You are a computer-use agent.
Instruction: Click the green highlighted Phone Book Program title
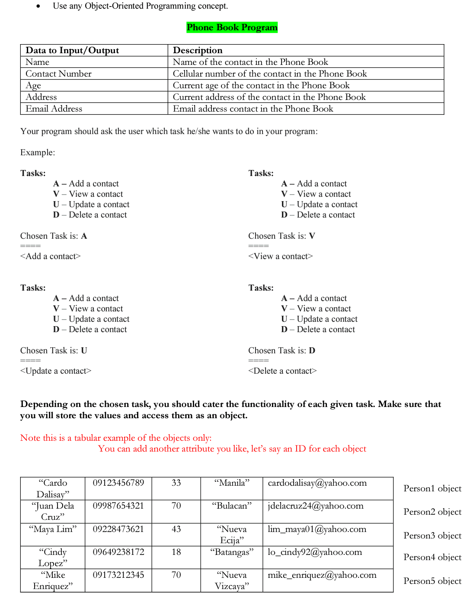coord(232,27)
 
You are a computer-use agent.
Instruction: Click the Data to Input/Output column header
coord(72,50)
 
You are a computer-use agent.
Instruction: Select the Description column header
coord(198,50)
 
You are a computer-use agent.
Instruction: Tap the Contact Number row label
coord(58,74)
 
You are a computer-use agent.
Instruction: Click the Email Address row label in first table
coord(54,109)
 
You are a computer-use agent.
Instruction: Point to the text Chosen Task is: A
coord(54,236)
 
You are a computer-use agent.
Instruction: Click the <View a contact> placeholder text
coord(280,256)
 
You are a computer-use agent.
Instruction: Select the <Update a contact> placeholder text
coord(56,371)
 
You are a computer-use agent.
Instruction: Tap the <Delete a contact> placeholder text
coord(282,371)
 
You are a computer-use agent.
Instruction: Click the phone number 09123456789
coord(118,483)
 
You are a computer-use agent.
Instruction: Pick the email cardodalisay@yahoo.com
coord(317,483)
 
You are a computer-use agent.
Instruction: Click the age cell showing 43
coord(176,529)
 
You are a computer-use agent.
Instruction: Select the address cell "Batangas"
coord(232,552)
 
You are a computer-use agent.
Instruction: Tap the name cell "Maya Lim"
coord(53,529)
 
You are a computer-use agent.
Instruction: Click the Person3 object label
coord(432,535)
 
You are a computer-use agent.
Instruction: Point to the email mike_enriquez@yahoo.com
coord(322,575)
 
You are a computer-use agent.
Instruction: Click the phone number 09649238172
coord(118,552)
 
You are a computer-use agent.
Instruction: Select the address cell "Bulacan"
coord(232,506)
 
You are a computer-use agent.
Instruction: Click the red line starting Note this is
coord(116,438)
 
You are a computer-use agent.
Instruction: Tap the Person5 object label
coord(432,581)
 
